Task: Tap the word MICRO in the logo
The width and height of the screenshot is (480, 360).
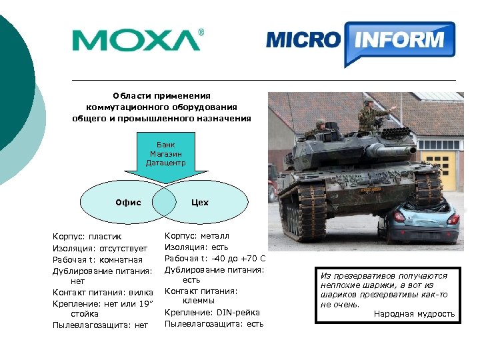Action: pos(302,40)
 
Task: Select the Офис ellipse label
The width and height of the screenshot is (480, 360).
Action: pos(128,202)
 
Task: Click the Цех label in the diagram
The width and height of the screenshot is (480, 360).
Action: pos(199,202)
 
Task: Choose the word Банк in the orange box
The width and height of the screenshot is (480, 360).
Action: pos(165,144)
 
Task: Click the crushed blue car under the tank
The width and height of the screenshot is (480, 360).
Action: pos(419,223)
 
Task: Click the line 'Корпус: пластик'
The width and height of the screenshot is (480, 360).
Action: pos(87,237)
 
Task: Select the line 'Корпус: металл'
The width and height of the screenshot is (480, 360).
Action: pos(197,236)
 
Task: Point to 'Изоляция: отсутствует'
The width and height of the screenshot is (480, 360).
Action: pos(100,248)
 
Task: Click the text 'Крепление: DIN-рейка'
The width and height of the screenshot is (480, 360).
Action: pos(212,312)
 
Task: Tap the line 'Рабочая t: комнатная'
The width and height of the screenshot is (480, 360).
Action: pos(98,259)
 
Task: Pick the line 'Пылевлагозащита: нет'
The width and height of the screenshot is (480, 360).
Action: pos(100,325)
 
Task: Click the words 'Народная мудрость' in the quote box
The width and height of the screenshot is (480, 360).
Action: pos(414,313)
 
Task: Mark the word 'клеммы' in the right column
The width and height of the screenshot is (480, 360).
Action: pos(197,301)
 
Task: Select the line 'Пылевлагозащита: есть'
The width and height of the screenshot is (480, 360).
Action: pos(214,323)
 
